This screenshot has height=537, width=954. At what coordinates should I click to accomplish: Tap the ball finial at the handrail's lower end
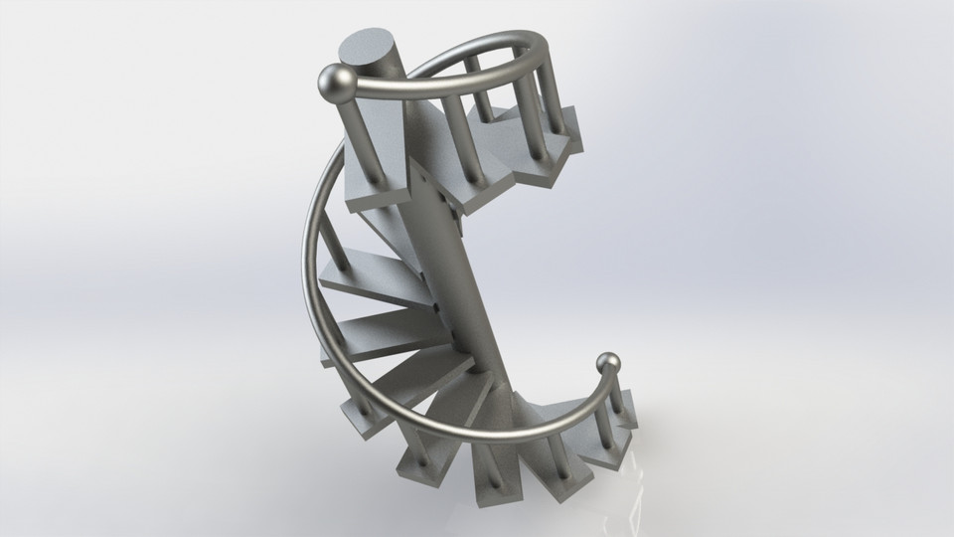coord(610,365)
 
